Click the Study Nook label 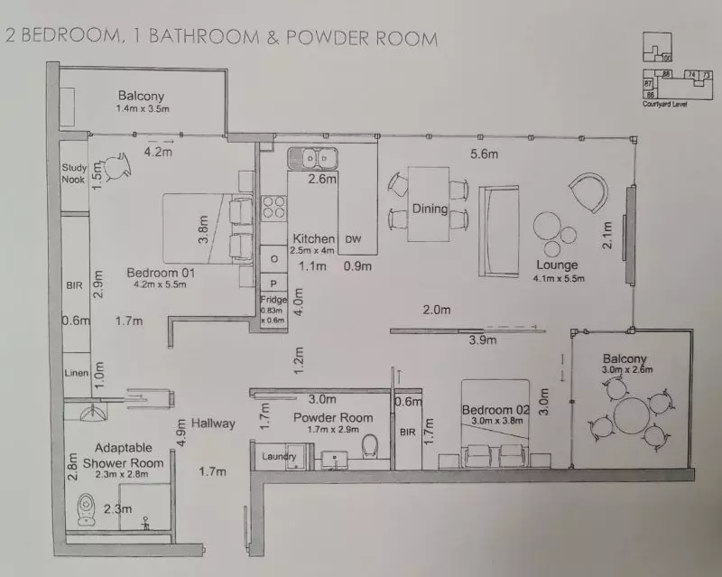(x=73, y=172)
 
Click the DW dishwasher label (x=355, y=239)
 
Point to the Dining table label (x=430, y=209)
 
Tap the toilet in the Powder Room (x=368, y=446)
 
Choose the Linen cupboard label (x=75, y=373)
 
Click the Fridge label (x=273, y=299)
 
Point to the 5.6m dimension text (x=483, y=154)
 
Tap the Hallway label (x=213, y=423)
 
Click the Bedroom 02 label (x=493, y=410)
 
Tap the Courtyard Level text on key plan (x=664, y=104)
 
